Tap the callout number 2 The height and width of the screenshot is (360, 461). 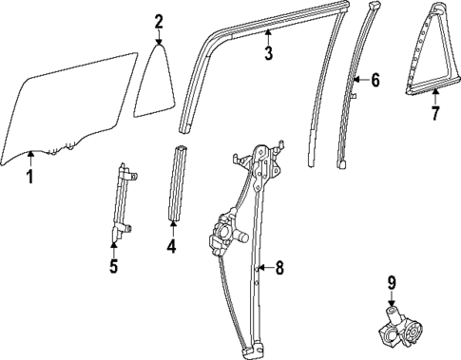[x=159, y=21]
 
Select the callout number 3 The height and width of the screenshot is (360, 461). [x=268, y=54]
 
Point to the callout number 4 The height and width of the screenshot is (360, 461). [x=171, y=249]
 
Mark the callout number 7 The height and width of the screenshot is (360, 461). [x=434, y=115]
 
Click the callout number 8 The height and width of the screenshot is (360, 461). [x=279, y=268]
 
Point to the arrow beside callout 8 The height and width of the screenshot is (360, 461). [x=265, y=268]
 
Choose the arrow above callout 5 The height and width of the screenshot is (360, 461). [x=113, y=248]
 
